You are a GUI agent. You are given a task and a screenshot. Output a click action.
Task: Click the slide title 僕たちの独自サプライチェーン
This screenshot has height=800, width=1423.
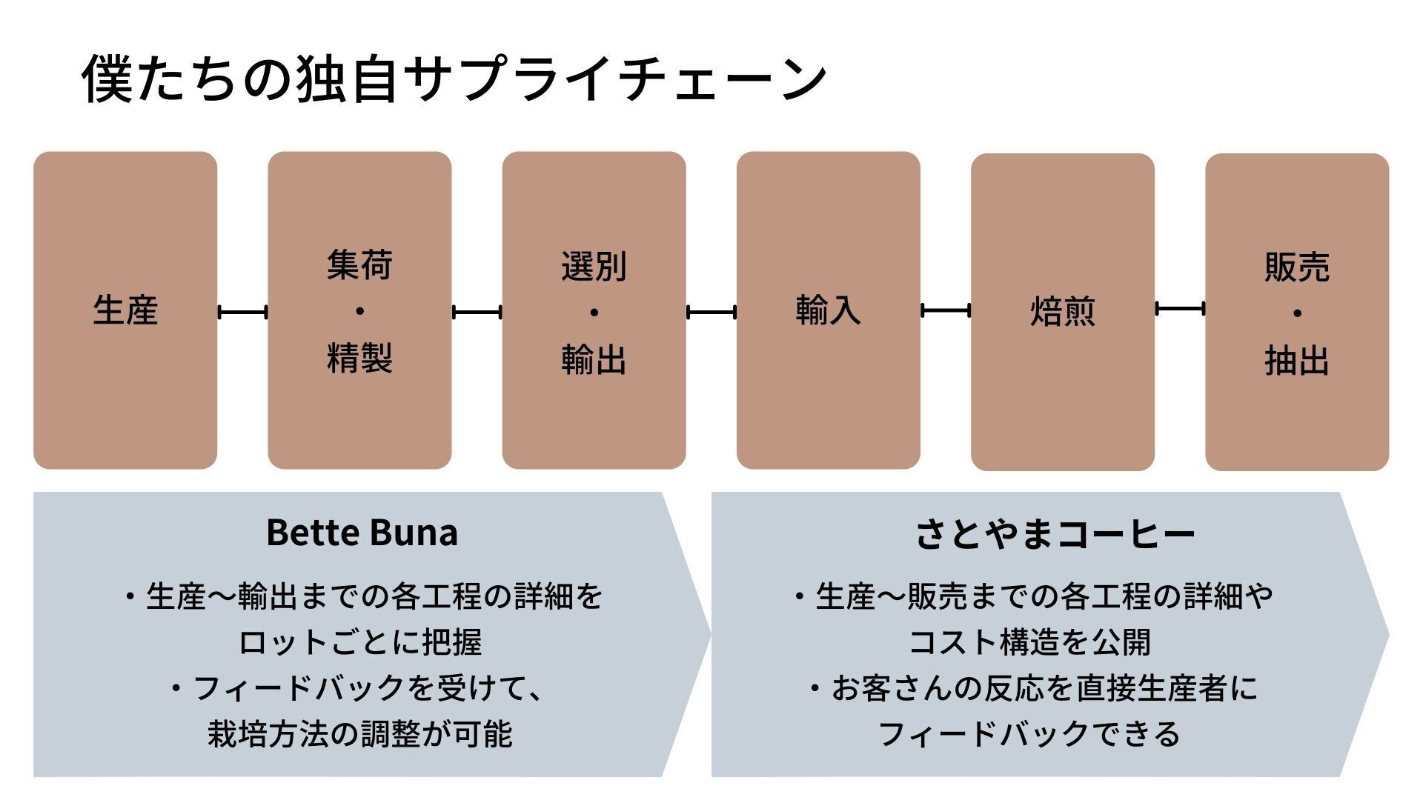(x=454, y=78)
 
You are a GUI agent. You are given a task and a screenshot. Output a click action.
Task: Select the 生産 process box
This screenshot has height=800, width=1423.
(x=125, y=310)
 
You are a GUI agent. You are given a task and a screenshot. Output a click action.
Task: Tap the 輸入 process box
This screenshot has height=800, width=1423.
(x=829, y=310)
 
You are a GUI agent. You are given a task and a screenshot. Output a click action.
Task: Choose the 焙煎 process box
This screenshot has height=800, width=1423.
(x=1063, y=312)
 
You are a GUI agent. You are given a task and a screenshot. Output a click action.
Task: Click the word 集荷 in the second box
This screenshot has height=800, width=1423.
(x=359, y=265)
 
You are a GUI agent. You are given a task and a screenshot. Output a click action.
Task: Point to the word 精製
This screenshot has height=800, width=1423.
(x=359, y=358)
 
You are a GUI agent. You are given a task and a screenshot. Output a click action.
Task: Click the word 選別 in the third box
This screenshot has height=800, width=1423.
(x=594, y=267)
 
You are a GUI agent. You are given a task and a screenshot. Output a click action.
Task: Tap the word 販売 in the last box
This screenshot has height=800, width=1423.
(x=1297, y=267)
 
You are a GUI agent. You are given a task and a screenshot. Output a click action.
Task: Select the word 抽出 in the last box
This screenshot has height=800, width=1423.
(x=1297, y=361)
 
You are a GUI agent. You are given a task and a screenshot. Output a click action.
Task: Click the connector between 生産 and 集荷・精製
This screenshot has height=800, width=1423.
(x=242, y=313)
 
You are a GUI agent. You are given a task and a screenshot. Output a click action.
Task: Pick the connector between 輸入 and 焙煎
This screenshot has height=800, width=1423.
(x=946, y=311)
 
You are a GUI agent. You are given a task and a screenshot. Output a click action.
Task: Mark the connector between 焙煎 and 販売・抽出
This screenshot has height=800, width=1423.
(x=1180, y=308)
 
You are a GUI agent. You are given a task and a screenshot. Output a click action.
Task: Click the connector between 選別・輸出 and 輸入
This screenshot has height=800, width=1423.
(x=711, y=313)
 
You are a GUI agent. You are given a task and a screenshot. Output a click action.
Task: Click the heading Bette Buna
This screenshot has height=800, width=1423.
(x=362, y=532)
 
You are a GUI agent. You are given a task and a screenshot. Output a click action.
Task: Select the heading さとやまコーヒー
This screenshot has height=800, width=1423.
(x=1055, y=533)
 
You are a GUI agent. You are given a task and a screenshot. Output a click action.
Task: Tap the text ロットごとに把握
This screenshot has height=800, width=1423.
(x=360, y=641)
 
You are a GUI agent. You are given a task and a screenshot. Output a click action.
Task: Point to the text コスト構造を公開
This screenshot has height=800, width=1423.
(x=1030, y=641)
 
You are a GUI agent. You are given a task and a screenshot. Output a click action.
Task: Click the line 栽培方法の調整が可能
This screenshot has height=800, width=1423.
(x=360, y=734)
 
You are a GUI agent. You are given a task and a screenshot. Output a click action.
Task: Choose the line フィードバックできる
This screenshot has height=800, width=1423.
(x=1029, y=734)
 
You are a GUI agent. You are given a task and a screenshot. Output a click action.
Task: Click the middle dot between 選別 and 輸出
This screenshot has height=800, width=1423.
(x=594, y=313)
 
